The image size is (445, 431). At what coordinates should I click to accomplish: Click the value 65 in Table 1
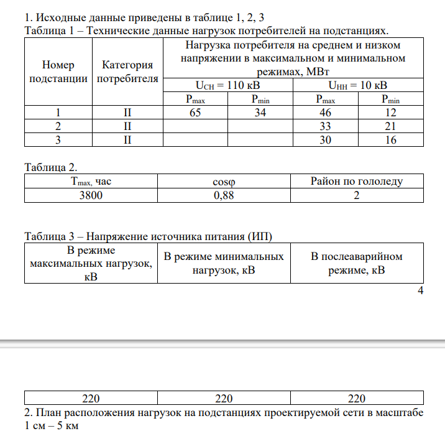tap(195, 113)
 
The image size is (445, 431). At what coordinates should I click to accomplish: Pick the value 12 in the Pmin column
tap(391, 113)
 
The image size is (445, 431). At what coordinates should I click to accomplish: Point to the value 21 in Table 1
tap(391, 126)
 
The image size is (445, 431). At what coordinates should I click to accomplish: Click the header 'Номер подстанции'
tap(57, 72)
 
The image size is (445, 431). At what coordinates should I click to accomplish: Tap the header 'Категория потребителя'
tap(127, 72)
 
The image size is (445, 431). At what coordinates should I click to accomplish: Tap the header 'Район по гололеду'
tap(357, 182)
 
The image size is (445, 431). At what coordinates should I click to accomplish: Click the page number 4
tap(420, 291)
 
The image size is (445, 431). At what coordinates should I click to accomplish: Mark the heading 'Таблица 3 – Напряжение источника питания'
tap(148, 236)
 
